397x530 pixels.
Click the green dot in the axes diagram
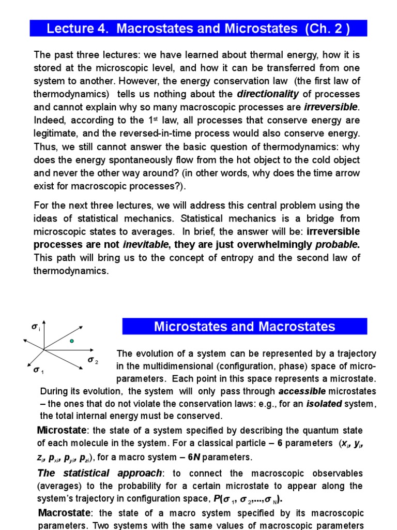coord(72,341)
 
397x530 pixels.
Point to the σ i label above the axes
coord(35,327)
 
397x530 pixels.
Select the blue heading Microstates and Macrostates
coord(245,327)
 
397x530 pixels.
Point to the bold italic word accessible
coord(302,391)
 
